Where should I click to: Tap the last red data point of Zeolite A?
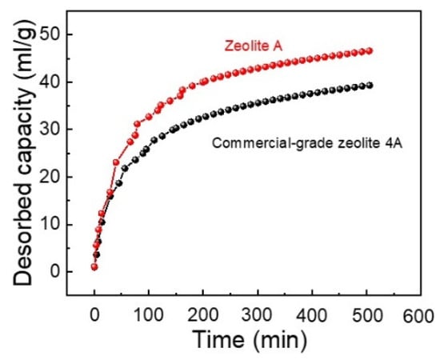click(x=369, y=51)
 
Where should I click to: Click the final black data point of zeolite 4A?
click(x=369, y=85)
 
